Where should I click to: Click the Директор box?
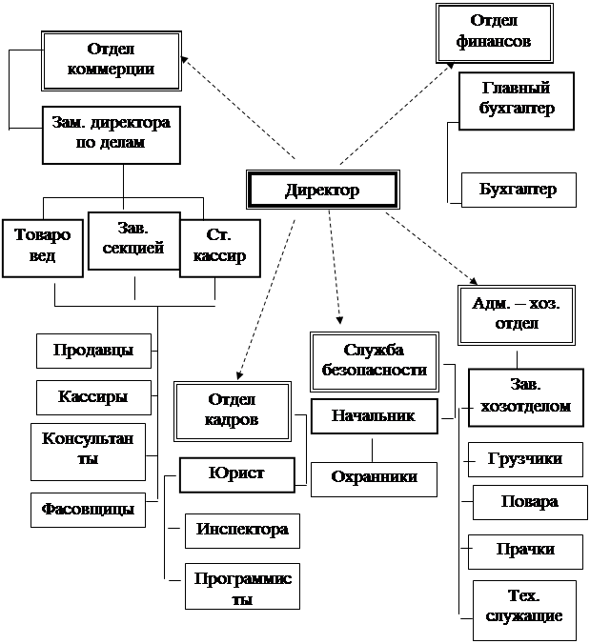(322, 190)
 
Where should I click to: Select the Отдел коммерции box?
(112, 61)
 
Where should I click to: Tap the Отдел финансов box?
(495, 33)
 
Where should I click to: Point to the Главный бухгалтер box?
(517, 101)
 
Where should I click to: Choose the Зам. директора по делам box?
(112, 135)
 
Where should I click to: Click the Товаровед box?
(43, 248)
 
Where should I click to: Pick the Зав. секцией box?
(134, 241)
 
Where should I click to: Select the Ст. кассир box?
(220, 248)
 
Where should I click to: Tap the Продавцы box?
(93, 351)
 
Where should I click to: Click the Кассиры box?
(93, 397)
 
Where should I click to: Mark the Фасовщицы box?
(88, 510)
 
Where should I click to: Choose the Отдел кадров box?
(233, 412)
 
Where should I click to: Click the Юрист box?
(237, 474)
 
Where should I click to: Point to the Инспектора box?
(242, 531)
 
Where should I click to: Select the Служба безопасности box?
(375, 361)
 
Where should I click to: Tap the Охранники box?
(374, 479)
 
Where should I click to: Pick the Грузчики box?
(525, 459)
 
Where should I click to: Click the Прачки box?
(525, 552)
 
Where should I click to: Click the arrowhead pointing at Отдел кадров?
(239, 375)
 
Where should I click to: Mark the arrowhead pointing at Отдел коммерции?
(185, 60)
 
